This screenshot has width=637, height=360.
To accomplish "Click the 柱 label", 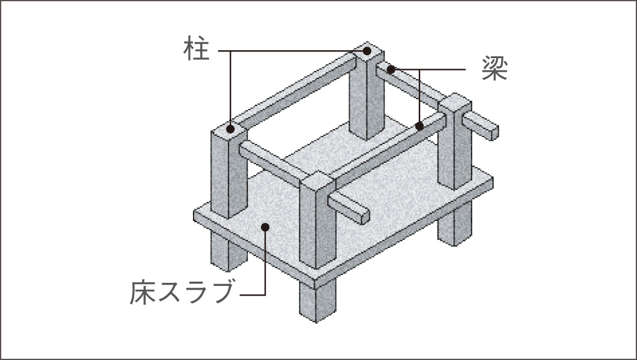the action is (197, 49).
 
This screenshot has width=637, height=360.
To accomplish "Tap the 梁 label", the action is (495, 68).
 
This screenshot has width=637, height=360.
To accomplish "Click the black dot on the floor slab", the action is (265, 227).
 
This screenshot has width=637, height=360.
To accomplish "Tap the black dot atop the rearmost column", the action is (367, 51).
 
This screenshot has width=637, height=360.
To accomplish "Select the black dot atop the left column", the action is (230, 129).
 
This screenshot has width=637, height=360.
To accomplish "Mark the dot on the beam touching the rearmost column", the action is (391, 69).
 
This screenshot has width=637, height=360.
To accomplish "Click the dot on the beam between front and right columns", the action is (420, 126).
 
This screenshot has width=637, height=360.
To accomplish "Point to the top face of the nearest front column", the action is (318, 181).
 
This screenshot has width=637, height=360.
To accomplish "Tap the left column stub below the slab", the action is (228, 251).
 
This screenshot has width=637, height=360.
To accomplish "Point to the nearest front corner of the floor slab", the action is (315, 283).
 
